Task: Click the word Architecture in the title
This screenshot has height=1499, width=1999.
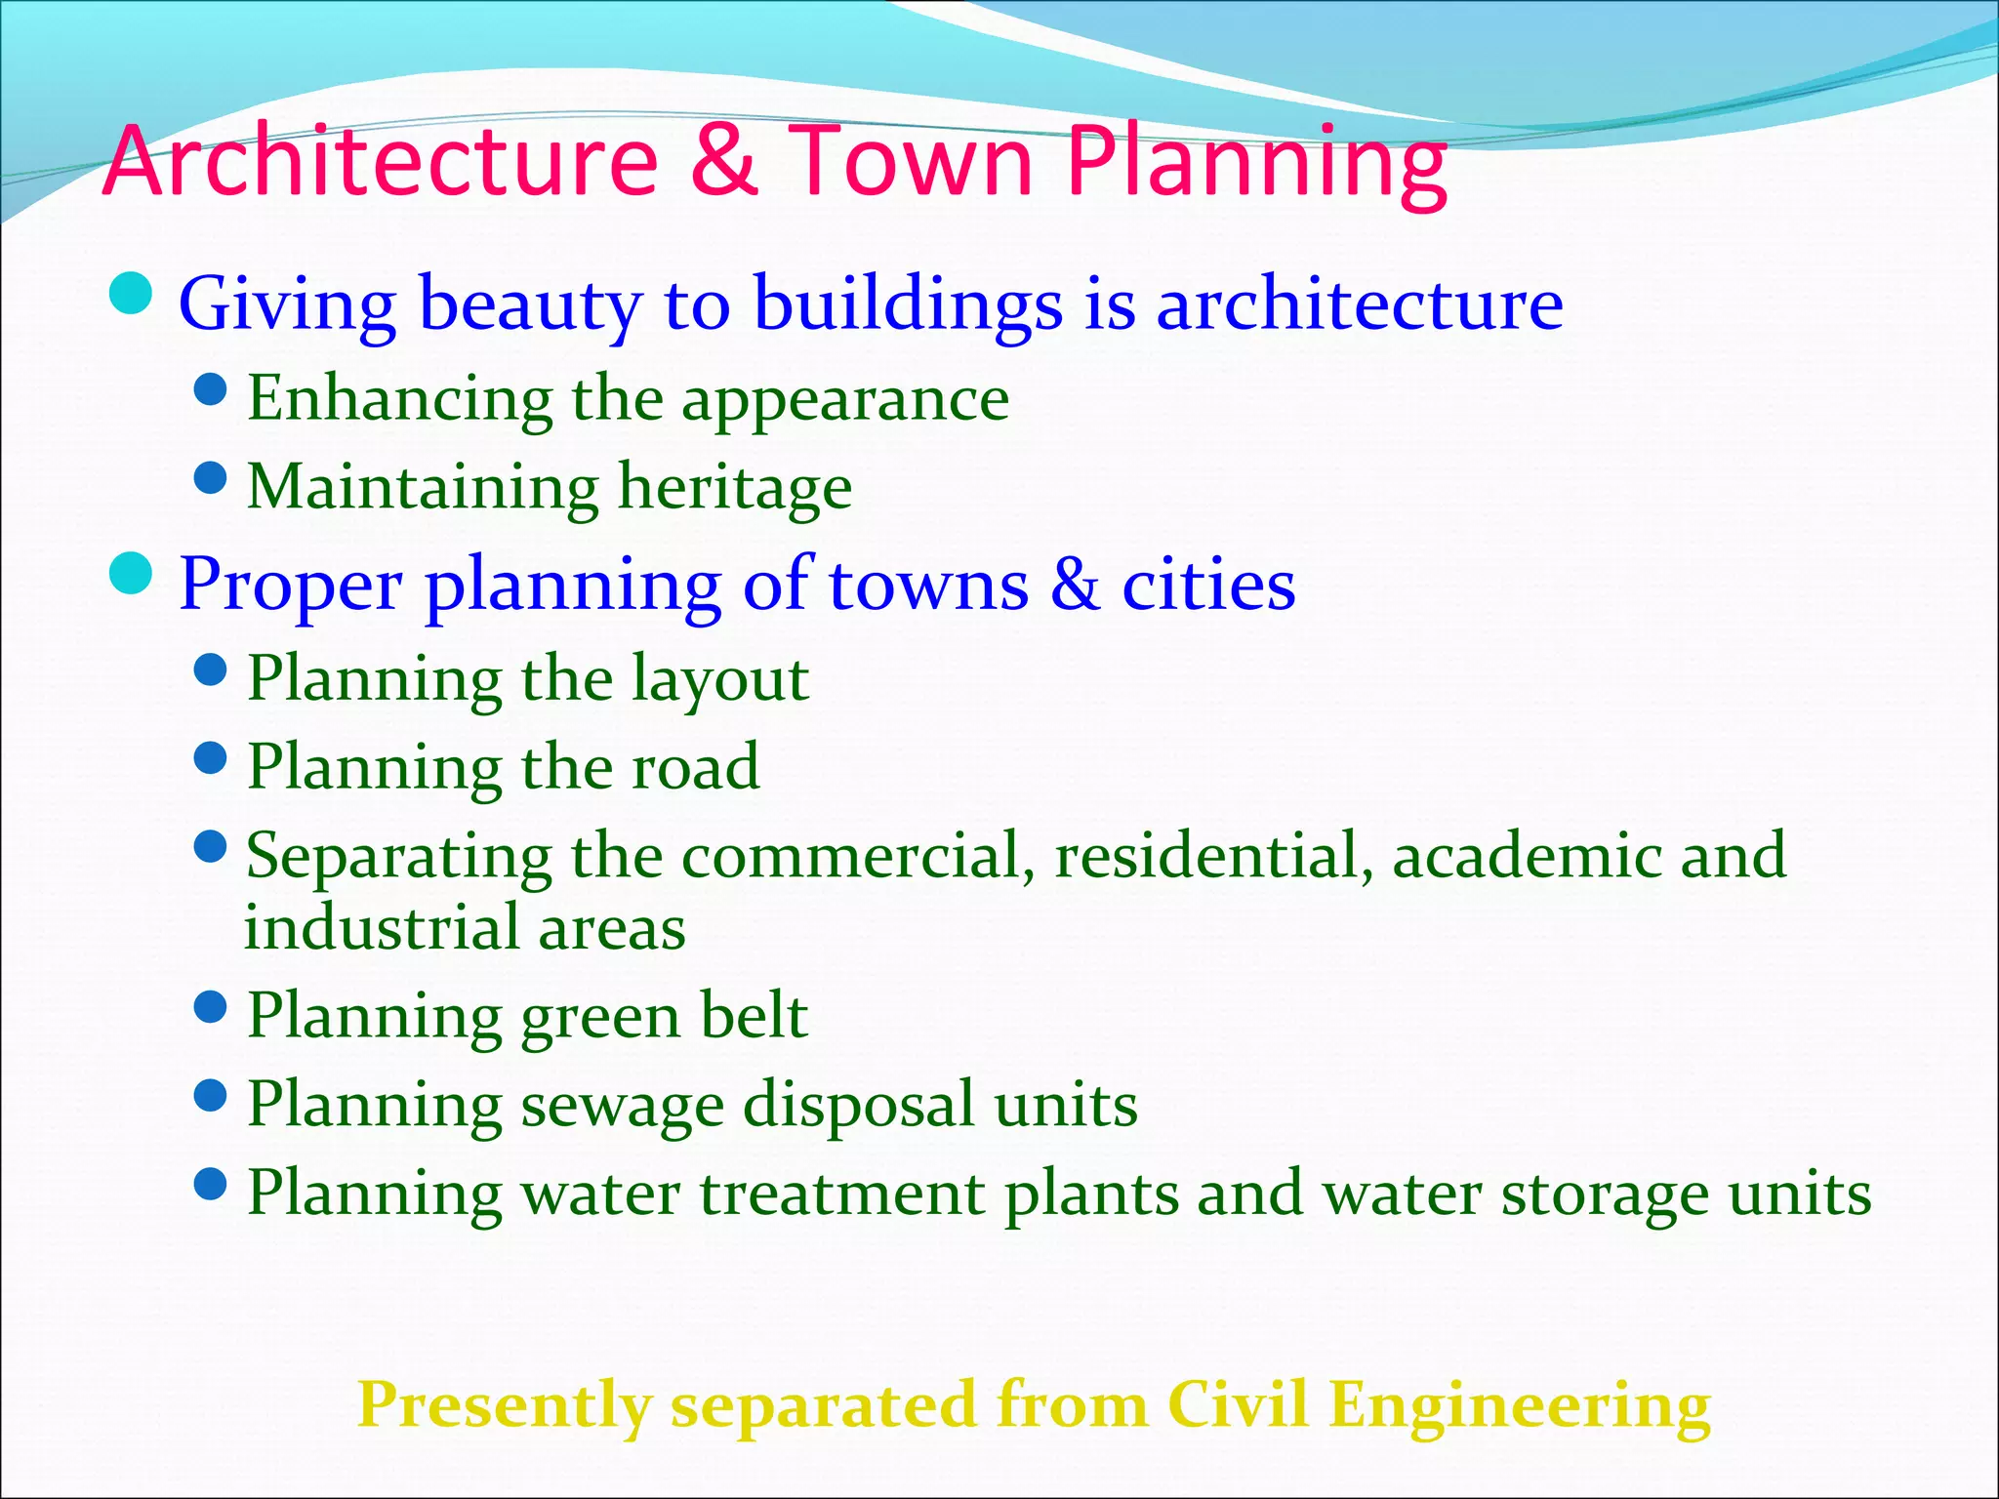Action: pos(381,161)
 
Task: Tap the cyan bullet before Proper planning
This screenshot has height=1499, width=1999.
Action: pos(131,573)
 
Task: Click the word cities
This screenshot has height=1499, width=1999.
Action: pos(1207,586)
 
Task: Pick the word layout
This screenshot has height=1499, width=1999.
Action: pos(719,680)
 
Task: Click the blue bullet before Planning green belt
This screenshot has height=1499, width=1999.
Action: pos(211,1006)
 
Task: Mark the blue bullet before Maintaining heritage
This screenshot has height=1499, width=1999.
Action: pos(211,478)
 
